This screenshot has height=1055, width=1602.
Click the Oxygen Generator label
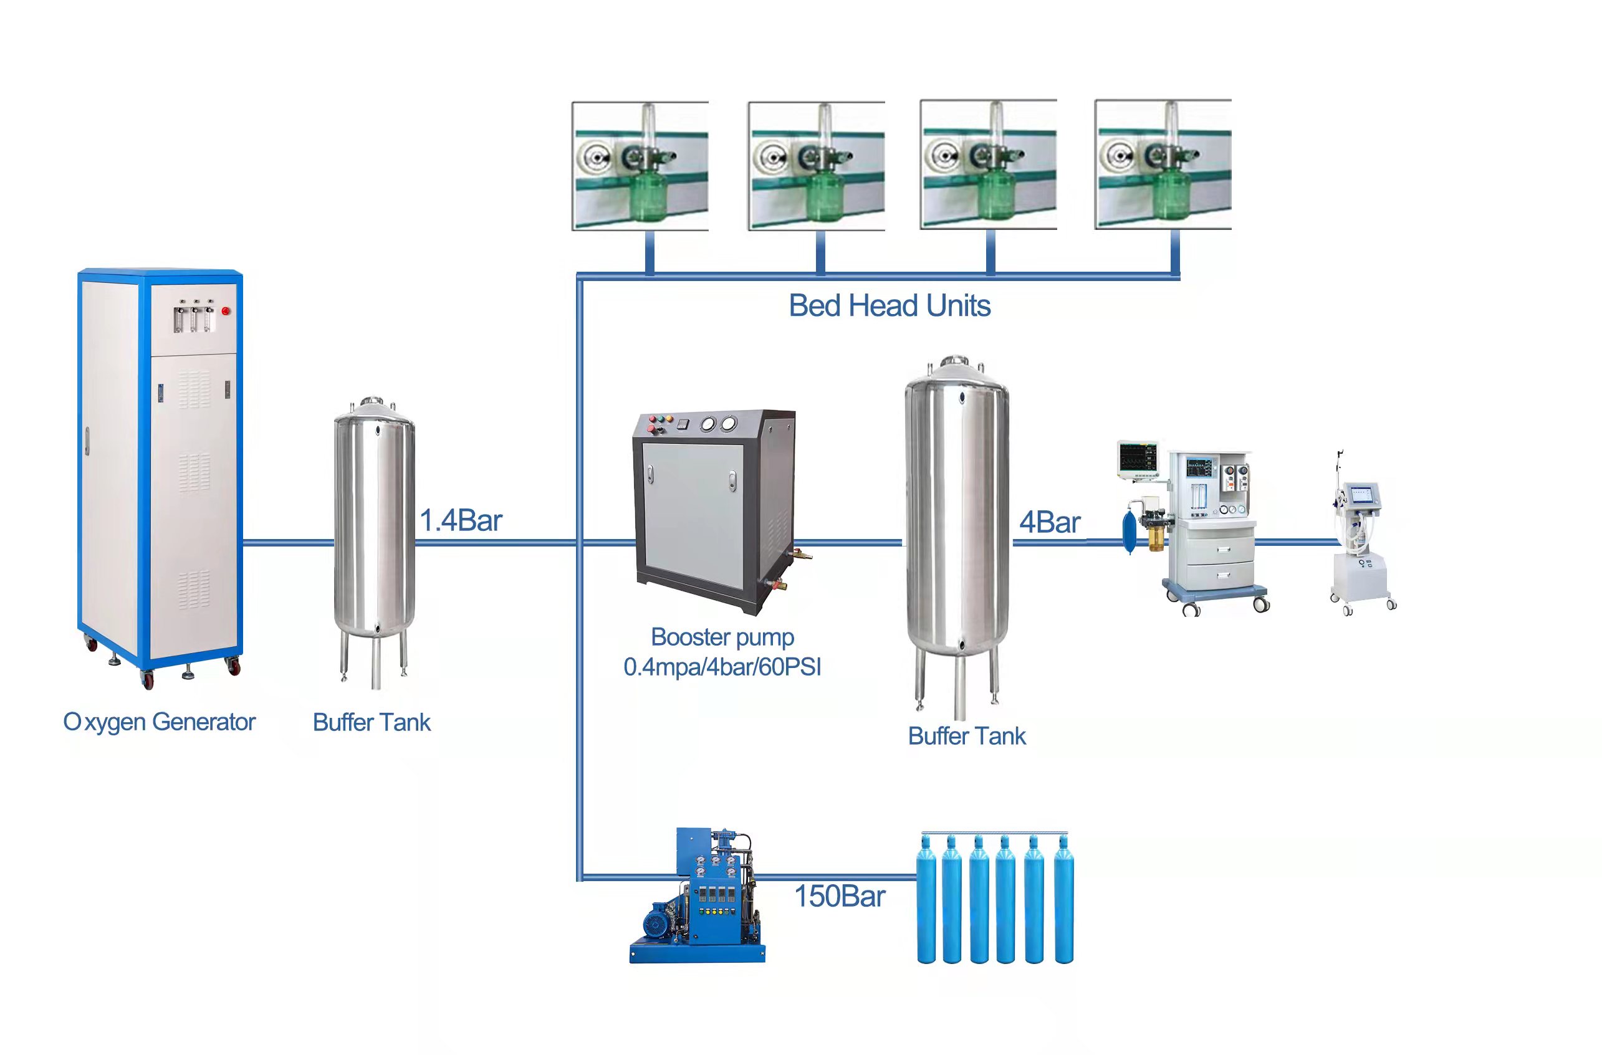click(160, 723)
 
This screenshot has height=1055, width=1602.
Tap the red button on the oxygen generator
click(226, 312)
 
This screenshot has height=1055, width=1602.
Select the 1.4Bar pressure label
click(461, 521)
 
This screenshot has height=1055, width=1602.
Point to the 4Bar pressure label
click(1049, 523)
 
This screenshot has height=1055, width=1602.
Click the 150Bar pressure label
click(840, 897)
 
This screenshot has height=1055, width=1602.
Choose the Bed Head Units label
click(889, 306)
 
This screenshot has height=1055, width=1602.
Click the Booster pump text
click(722, 636)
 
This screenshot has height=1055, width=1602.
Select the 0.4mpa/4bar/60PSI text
click(722, 667)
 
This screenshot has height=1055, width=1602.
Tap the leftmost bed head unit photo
click(640, 166)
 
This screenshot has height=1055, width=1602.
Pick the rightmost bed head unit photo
click(1163, 165)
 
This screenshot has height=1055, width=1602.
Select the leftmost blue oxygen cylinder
click(926, 902)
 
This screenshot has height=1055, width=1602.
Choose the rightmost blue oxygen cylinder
click(1063, 902)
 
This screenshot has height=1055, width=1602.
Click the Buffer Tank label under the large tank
click(967, 736)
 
